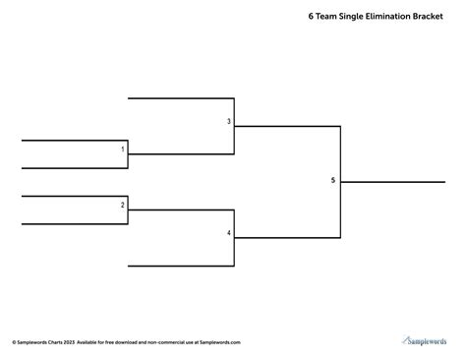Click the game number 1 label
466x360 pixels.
click(x=123, y=150)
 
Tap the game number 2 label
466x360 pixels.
click(x=123, y=205)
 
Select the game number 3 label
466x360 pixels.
click(x=229, y=122)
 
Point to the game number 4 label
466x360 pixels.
click(x=229, y=233)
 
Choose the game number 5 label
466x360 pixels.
click(x=333, y=180)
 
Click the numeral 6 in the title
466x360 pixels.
click(x=311, y=17)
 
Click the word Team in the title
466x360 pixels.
click(x=327, y=17)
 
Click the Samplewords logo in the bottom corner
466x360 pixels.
click(x=426, y=340)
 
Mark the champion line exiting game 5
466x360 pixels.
click(x=393, y=182)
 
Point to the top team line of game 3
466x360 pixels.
click(x=181, y=98)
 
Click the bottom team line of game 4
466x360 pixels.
click(x=181, y=266)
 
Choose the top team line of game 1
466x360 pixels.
click(x=75, y=141)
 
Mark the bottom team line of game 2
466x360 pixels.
click(x=75, y=224)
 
